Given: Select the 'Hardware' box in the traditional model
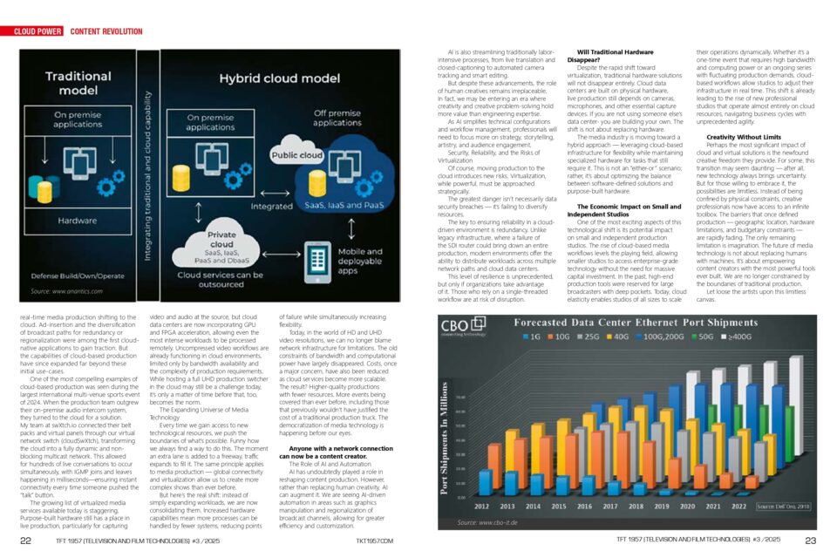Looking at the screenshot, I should tap(78, 221).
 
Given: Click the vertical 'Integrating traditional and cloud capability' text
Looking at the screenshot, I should tap(146, 166).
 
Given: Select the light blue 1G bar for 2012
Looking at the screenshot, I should tap(485, 485).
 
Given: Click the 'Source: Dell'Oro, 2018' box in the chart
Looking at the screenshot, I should tap(784, 506).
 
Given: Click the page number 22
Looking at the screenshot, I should tap(26, 541).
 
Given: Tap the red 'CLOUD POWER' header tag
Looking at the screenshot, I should tap(37, 31).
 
